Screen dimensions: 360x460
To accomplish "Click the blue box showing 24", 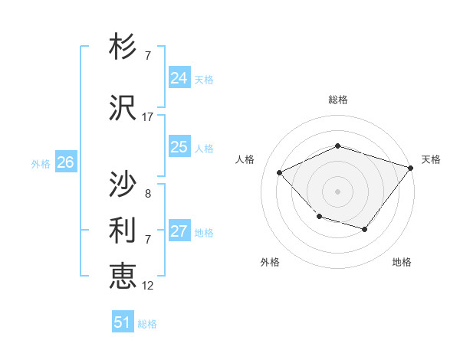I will click(179, 78).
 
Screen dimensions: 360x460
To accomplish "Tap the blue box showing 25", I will click(179, 147).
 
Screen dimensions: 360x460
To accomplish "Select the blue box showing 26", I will click(65, 162).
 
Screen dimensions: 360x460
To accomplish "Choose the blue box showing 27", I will click(179, 231).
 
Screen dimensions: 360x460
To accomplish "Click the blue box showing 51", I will click(122, 322).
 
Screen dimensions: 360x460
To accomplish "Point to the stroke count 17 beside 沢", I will click(148, 117).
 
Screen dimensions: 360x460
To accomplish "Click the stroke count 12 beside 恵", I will click(148, 286).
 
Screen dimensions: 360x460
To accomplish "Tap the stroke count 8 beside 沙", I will click(148, 193).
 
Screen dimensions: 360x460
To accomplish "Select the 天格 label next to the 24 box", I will click(204, 80).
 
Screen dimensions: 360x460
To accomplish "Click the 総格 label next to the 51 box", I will click(147, 324).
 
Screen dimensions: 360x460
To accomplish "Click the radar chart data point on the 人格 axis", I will click(280, 173).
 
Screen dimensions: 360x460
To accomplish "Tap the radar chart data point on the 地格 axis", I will click(365, 229).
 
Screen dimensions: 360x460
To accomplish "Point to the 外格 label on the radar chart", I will click(270, 263).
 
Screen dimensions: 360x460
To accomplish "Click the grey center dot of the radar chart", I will click(337, 191).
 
